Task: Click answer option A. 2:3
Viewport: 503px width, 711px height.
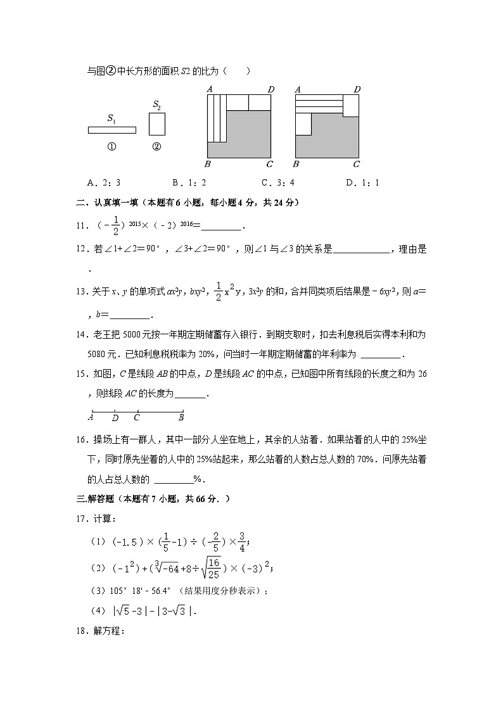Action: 104,183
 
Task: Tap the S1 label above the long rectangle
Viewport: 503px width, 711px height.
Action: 111,118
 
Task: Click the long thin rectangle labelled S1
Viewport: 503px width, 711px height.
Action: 111,130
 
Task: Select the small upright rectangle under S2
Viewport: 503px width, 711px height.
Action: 156,124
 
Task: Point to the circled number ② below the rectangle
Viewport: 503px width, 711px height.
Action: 156,147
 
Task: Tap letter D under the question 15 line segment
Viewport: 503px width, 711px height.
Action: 115,417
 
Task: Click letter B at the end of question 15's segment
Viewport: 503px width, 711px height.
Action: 181,417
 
